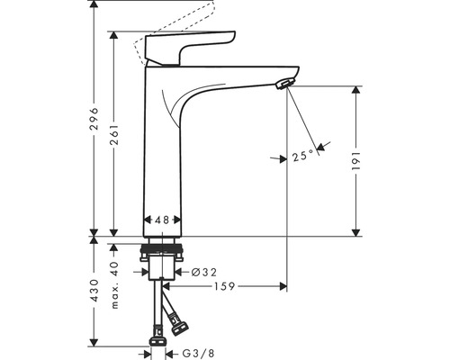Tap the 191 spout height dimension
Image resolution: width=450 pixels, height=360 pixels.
click(357, 158)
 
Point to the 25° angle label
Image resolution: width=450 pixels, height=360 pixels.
click(303, 156)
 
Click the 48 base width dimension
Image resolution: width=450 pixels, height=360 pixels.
click(163, 220)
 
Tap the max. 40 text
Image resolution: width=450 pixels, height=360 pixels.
click(115, 285)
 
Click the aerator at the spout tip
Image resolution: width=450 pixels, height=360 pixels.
click(284, 85)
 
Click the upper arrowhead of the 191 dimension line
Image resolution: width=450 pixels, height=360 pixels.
click(357, 91)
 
